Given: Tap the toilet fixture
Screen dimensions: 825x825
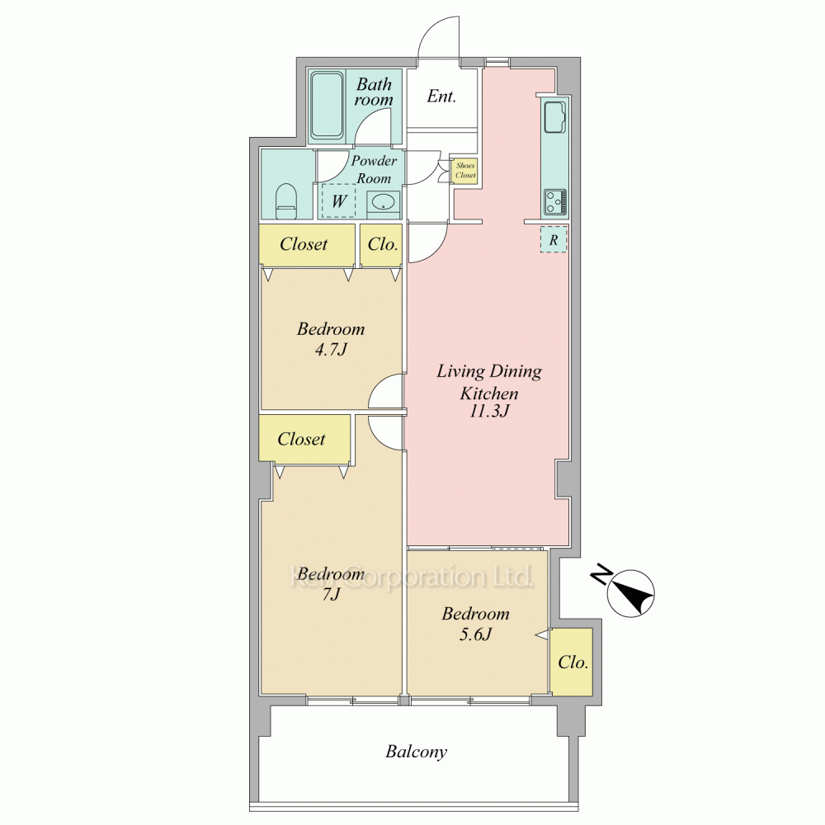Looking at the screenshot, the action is pyautogui.click(x=287, y=201).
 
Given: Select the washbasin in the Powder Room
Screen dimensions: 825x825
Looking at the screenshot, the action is pyautogui.click(x=384, y=202).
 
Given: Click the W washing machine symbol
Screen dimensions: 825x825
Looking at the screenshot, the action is pyautogui.click(x=338, y=200).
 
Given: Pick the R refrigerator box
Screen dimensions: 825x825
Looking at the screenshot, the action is pyautogui.click(x=554, y=239).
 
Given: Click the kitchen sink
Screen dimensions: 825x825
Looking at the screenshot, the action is pyautogui.click(x=555, y=117).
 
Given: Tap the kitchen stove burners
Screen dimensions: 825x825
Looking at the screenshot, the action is pyautogui.click(x=555, y=201).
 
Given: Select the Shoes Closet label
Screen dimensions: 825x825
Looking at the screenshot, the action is pyautogui.click(x=465, y=171).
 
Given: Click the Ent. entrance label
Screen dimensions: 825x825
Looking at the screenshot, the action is pyautogui.click(x=441, y=97).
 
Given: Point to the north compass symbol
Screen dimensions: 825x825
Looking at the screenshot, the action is pyautogui.click(x=630, y=593).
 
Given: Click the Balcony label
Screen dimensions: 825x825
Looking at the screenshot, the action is pyautogui.click(x=416, y=752).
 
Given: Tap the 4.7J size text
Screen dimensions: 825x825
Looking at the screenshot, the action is pyautogui.click(x=331, y=349).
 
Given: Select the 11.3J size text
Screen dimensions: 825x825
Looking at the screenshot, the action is pyautogui.click(x=489, y=411).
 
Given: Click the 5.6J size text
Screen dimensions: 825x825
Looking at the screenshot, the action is pyautogui.click(x=476, y=634).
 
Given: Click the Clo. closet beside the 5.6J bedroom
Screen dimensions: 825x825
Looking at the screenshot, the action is pyautogui.click(x=572, y=662).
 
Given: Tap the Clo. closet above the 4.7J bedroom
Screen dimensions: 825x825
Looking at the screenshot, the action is pyautogui.click(x=381, y=245).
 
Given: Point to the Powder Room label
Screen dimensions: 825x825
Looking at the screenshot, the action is pyautogui.click(x=374, y=169).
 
